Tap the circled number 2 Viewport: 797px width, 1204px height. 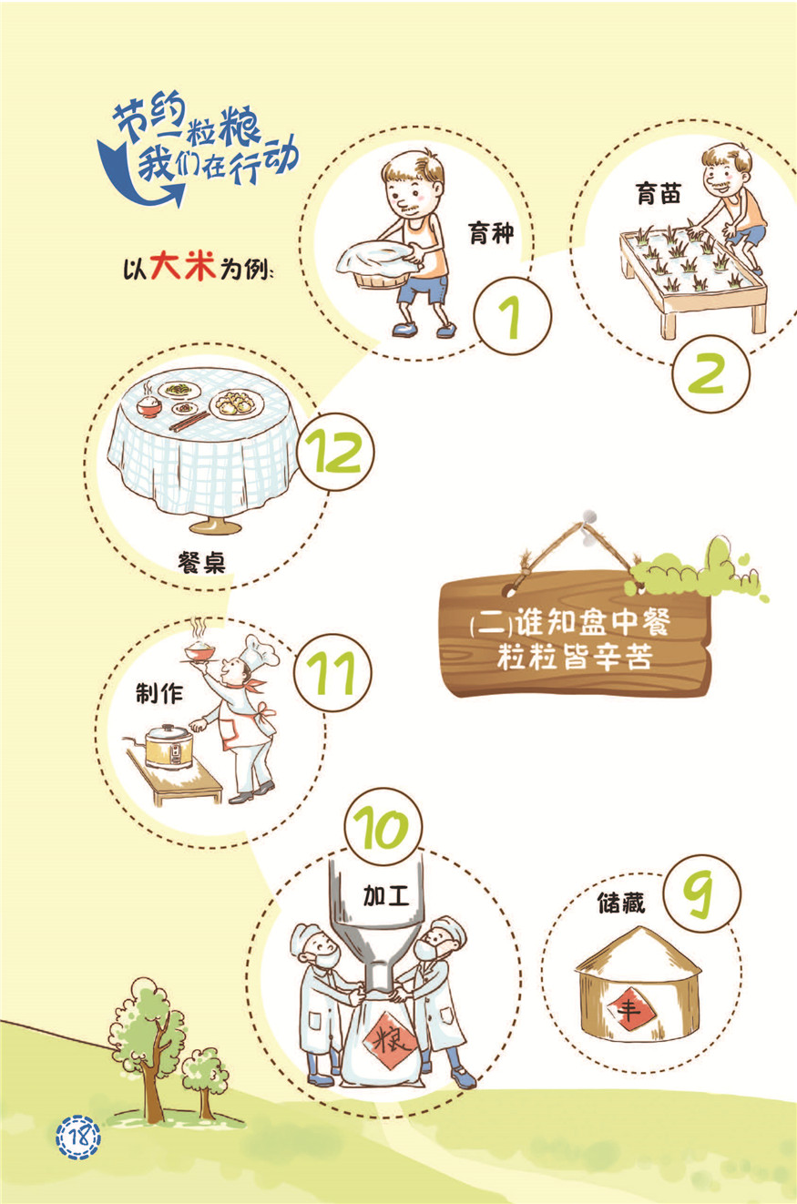[x=710, y=373]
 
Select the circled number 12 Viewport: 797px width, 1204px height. [x=335, y=452]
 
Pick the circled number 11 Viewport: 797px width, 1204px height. [x=332, y=672]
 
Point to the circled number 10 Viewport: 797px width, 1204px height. [x=383, y=827]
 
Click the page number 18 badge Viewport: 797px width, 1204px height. [x=78, y=1137]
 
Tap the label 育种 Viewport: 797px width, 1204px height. [x=491, y=234]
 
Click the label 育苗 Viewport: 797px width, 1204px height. [x=659, y=193]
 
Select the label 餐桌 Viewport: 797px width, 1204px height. [x=201, y=562]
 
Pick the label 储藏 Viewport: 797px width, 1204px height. [x=620, y=903]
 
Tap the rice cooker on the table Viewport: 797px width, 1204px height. [x=169, y=746]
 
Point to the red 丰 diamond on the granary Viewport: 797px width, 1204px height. [x=629, y=1010]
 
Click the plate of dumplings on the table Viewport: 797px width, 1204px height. [x=237, y=403]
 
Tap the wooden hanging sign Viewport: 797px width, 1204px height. [x=575, y=634]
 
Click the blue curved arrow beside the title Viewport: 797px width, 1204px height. [x=129, y=178]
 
